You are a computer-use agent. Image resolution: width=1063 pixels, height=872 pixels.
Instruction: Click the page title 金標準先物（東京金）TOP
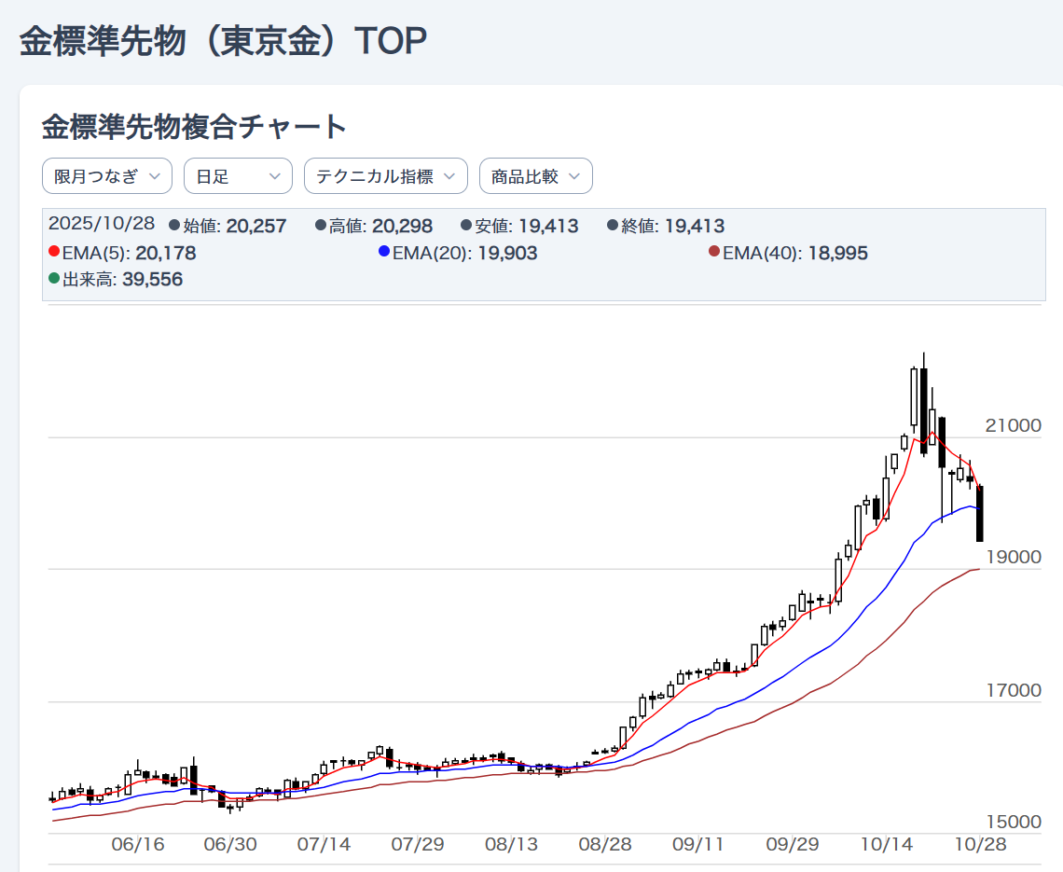[224, 42]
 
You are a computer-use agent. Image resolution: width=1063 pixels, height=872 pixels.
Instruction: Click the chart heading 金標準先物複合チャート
[194, 127]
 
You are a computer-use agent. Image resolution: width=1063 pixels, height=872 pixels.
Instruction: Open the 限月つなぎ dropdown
[107, 176]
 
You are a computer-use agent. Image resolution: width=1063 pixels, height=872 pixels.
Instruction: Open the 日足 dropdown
[238, 176]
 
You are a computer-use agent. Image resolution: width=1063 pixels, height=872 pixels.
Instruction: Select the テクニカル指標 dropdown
[386, 176]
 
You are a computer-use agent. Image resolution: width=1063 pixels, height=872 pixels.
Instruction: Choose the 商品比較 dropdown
[536, 176]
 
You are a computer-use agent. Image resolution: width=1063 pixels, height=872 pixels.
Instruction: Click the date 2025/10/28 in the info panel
[102, 224]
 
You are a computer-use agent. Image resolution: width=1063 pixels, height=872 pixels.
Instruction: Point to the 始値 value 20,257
[256, 226]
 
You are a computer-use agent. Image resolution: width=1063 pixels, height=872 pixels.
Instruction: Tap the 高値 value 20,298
[402, 226]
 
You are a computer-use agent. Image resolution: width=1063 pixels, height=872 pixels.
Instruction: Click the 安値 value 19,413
[548, 226]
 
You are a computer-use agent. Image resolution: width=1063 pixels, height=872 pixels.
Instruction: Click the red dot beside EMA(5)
[54, 252]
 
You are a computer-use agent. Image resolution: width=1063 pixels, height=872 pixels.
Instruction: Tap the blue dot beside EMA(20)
[384, 252]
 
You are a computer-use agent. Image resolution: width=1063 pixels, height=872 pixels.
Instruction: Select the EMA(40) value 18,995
[837, 253]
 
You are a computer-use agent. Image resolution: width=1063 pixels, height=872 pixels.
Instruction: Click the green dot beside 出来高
[54, 279]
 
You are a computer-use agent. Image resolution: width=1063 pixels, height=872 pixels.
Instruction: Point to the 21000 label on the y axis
[1013, 426]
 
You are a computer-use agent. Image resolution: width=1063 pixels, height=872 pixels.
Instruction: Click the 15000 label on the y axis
[1013, 823]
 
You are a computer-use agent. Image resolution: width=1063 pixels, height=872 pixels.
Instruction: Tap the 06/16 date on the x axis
[137, 845]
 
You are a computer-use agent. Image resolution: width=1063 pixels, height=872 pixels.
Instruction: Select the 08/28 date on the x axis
[605, 845]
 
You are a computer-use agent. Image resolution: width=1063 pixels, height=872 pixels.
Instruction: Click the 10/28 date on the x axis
[978, 845]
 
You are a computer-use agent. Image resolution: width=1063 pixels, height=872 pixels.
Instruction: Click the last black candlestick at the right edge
[980, 513]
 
